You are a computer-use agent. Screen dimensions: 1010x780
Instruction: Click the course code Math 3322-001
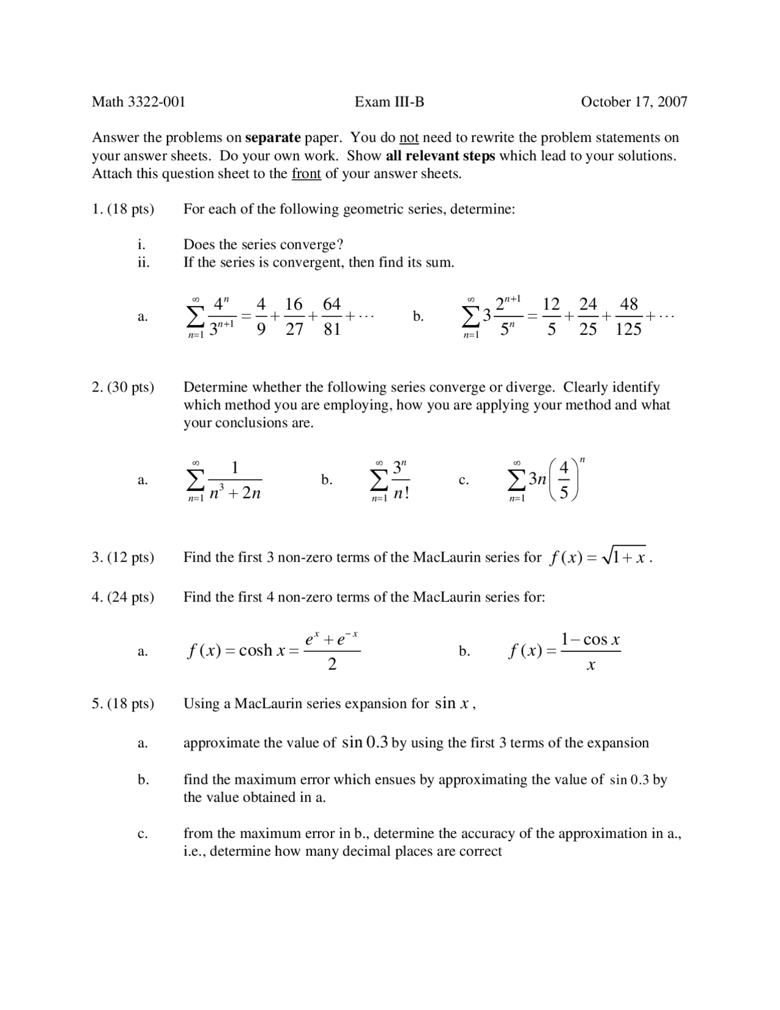click(138, 102)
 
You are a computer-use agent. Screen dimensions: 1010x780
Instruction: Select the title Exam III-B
click(389, 102)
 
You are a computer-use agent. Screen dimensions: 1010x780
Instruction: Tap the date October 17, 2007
click(634, 102)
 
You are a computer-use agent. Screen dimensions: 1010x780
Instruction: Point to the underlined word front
click(306, 174)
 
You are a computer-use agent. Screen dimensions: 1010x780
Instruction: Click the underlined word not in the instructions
click(409, 138)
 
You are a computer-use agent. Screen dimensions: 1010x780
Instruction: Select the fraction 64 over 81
click(331, 317)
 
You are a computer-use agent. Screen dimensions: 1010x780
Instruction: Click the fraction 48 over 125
click(628, 317)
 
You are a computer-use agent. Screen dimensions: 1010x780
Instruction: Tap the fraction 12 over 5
click(551, 317)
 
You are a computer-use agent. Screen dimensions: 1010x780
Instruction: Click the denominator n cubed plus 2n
click(235, 492)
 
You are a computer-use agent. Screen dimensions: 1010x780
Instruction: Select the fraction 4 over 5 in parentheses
click(564, 480)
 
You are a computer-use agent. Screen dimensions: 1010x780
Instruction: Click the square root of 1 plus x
click(624, 557)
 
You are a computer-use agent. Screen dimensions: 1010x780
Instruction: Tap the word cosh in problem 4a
click(255, 651)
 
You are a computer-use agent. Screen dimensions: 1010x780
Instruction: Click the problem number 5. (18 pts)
click(123, 704)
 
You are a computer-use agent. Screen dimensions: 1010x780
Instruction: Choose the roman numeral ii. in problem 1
click(143, 263)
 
